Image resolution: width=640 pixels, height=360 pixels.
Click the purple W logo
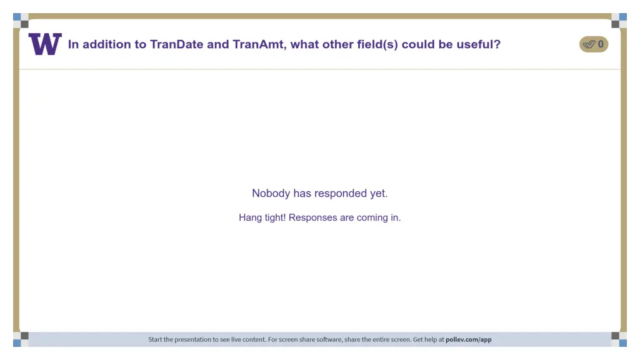[45, 44]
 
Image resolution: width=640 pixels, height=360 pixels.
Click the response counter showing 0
[601, 44]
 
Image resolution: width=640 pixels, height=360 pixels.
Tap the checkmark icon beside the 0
[588, 44]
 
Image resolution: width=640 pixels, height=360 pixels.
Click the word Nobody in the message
[271, 193]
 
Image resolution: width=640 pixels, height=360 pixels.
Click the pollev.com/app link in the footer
[468, 339]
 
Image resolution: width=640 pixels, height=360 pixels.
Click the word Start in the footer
[155, 339]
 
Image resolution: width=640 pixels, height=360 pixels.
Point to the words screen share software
[315, 339]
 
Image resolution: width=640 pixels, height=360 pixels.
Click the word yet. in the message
[379, 193]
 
